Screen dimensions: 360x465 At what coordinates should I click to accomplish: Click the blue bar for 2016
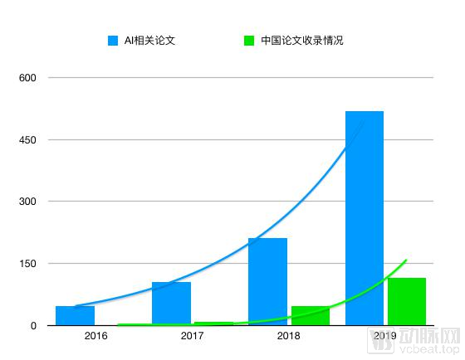[75, 316]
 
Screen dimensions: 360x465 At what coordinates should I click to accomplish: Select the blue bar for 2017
[171, 304]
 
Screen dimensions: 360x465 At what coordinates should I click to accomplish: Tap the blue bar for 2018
[267, 282]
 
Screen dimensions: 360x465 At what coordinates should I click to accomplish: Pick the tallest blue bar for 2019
[365, 218]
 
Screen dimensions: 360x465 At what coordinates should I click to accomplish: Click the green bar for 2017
[213, 324]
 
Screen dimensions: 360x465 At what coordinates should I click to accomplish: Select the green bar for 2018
[310, 316]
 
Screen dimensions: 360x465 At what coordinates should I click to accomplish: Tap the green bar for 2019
[407, 302]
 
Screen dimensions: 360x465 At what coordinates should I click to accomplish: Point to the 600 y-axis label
[28, 78]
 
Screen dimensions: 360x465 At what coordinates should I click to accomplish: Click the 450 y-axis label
[28, 140]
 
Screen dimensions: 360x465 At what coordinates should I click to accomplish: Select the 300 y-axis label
[28, 202]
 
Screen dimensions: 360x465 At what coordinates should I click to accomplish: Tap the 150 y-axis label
[28, 264]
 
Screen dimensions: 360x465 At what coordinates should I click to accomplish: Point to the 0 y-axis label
[33, 326]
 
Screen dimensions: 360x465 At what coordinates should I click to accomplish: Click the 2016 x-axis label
[95, 336]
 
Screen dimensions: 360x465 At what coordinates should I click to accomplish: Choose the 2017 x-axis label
[192, 336]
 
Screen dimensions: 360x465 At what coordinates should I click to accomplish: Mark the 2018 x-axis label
[288, 336]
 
